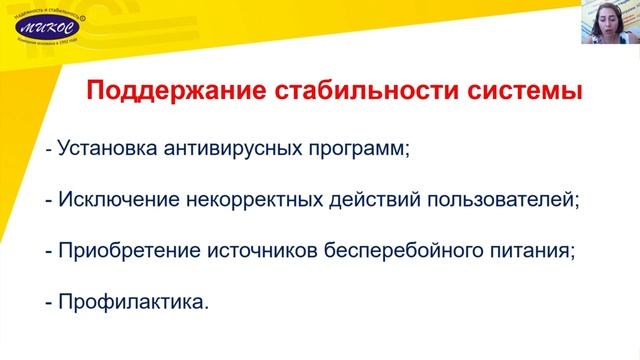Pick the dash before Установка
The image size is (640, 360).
click(x=49, y=149)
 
